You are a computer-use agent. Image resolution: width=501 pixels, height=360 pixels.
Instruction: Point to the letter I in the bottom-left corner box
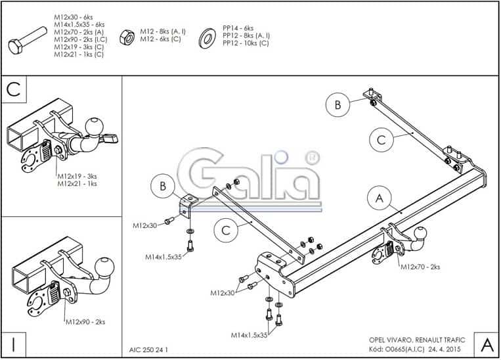point(14,343)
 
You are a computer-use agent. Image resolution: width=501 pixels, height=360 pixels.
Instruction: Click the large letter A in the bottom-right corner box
point(487,344)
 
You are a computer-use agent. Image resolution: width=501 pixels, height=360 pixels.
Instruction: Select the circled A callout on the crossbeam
point(378,196)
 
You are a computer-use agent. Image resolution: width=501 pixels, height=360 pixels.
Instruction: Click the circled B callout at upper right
point(338,104)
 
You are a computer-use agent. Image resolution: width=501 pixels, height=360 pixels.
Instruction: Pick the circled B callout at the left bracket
point(162,187)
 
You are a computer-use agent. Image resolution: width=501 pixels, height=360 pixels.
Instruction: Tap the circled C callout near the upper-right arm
point(381,139)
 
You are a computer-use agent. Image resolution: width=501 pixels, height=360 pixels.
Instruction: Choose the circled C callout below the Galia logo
point(225,229)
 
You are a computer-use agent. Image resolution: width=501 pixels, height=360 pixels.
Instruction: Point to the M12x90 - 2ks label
point(85,321)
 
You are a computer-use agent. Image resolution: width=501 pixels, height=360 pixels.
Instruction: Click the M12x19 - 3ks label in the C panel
point(77,176)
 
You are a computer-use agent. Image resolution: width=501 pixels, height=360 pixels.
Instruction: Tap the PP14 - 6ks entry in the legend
point(238,28)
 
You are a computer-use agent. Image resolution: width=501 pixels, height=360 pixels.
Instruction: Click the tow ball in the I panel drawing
point(104,267)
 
